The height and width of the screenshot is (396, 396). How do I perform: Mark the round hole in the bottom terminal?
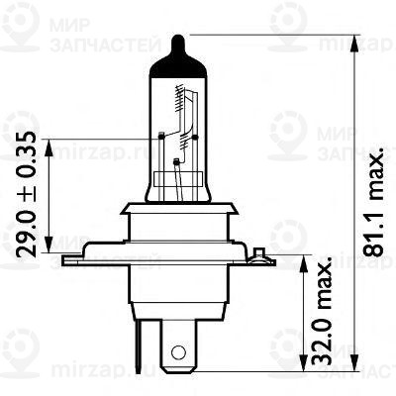click(x=178, y=351)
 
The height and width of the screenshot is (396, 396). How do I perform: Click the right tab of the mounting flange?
click(x=262, y=259)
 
